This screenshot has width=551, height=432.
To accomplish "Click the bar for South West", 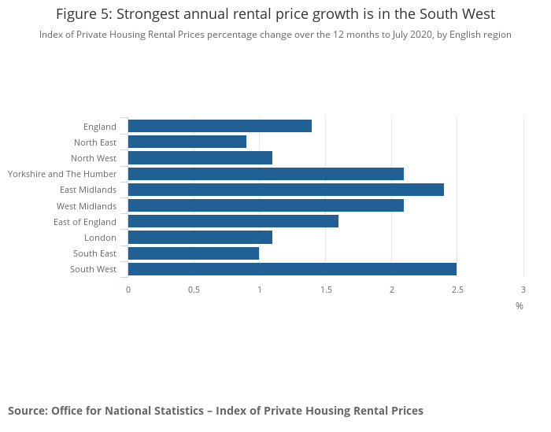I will point(292,269).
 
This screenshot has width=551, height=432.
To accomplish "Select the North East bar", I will point(187,142).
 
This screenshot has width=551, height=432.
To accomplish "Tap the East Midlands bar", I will point(286,190).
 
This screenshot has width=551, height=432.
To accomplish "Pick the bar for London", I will point(200,237).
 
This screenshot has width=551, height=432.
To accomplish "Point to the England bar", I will point(220,126).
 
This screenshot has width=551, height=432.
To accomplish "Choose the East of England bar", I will point(233,221).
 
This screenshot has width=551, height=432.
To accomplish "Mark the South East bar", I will point(194,253).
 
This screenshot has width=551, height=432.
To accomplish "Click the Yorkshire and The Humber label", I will point(62,174).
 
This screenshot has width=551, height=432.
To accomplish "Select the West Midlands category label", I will point(87,206).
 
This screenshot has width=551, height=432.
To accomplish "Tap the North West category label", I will point(94,158).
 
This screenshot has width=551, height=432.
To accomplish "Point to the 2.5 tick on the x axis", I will point(457,290).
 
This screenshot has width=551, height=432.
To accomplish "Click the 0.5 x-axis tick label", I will point(194,290).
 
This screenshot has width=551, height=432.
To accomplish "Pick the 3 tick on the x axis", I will point(523,290).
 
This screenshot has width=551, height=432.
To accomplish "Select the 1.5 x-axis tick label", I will point(326,290).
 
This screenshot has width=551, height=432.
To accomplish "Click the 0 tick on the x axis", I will point(128,290).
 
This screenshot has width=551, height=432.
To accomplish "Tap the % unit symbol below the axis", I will point(520,305).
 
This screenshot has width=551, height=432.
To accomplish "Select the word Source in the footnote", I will point(28,411).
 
